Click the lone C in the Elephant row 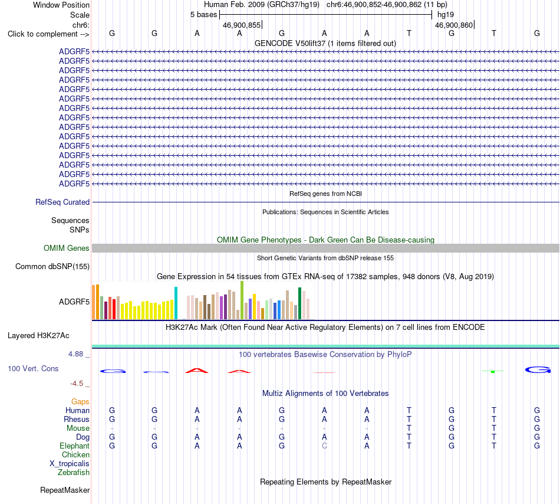coord(324,446)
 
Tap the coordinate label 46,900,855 coord(242,25)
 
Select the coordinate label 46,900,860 coord(453,25)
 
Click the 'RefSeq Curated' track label coord(62,202)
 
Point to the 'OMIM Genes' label coord(67,248)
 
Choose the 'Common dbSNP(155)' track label coord(52,266)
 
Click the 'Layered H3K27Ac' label coord(38,335)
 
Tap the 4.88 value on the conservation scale coord(75,354)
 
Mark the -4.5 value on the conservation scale coord(77,384)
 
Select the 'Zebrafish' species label coord(74,472)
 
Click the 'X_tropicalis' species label coord(70,464)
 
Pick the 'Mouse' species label coord(78,428)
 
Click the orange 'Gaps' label coord(80,401)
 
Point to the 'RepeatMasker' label coord(65,490)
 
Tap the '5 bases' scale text coord(203,15)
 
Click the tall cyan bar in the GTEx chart coord(176,303)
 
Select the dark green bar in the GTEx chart coord(299,303)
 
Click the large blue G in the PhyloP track coord(538,369)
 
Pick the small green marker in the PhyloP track coord(493,372)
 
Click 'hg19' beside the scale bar coord(446,15)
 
